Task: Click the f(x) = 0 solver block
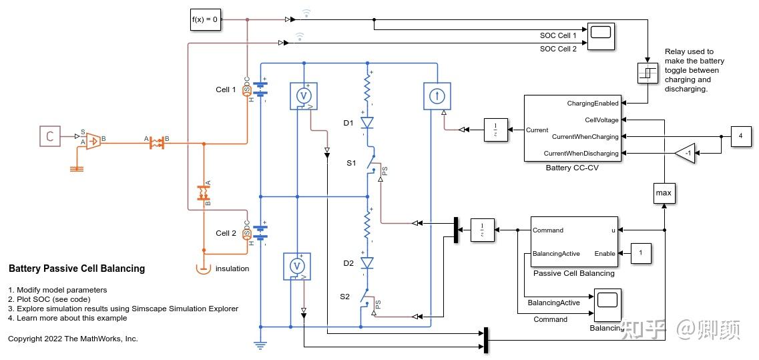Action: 205,19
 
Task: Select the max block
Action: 664,193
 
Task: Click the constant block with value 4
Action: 740,136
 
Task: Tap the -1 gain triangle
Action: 684,153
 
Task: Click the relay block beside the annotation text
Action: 647,73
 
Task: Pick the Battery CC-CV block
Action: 572,128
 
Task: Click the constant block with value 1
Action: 641,253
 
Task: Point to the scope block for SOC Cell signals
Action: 601,37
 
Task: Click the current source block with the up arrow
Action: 437,96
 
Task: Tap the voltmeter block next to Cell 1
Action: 304,96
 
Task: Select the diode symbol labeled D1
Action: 366,123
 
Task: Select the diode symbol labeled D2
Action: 366,263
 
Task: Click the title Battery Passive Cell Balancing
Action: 77,268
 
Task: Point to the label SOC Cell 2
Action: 558,49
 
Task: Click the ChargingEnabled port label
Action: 592,103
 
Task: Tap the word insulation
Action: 232,268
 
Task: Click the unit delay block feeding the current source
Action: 495,130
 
